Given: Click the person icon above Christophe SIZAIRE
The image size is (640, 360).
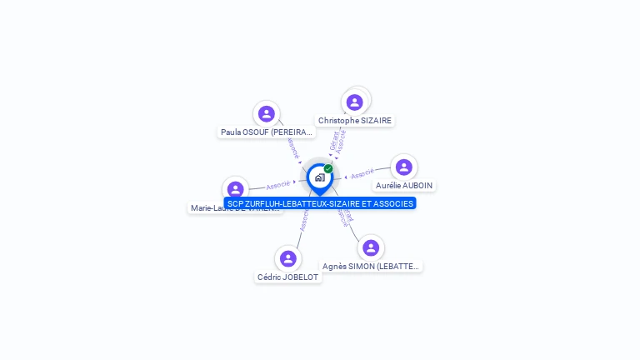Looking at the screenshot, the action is point(355,102).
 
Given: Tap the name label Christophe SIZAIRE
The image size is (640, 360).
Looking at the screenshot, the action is point(354,121).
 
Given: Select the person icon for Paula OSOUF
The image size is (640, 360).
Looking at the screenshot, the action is point(267,114).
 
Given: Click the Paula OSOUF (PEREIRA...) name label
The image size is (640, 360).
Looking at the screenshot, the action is point(267,132).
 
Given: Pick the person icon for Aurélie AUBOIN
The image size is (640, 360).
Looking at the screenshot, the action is point(404,167).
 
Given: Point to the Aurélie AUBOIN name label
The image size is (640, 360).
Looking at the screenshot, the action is point(404,186).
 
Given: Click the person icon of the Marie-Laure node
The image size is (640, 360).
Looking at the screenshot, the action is point(236,189).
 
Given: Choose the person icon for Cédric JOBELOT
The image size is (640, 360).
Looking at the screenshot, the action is point(288,258).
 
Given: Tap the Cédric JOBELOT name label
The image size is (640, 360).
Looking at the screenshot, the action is point(288,277).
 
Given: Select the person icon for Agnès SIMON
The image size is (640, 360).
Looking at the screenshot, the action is point(371,247).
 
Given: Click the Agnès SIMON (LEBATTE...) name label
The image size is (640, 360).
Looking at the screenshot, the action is point(372,267).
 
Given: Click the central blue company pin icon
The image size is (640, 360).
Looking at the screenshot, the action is point(319,177).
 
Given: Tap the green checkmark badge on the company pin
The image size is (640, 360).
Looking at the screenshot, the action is point(328,169).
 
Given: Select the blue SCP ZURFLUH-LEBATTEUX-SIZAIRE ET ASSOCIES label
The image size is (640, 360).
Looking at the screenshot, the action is point(320,203).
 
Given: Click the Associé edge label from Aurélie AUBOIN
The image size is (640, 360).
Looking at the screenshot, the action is point(362,175).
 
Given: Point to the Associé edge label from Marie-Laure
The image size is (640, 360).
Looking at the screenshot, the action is point(278,185).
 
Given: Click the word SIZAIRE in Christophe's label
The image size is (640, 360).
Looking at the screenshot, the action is point(375,121).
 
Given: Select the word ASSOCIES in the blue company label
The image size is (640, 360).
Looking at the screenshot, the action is point(392,203).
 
